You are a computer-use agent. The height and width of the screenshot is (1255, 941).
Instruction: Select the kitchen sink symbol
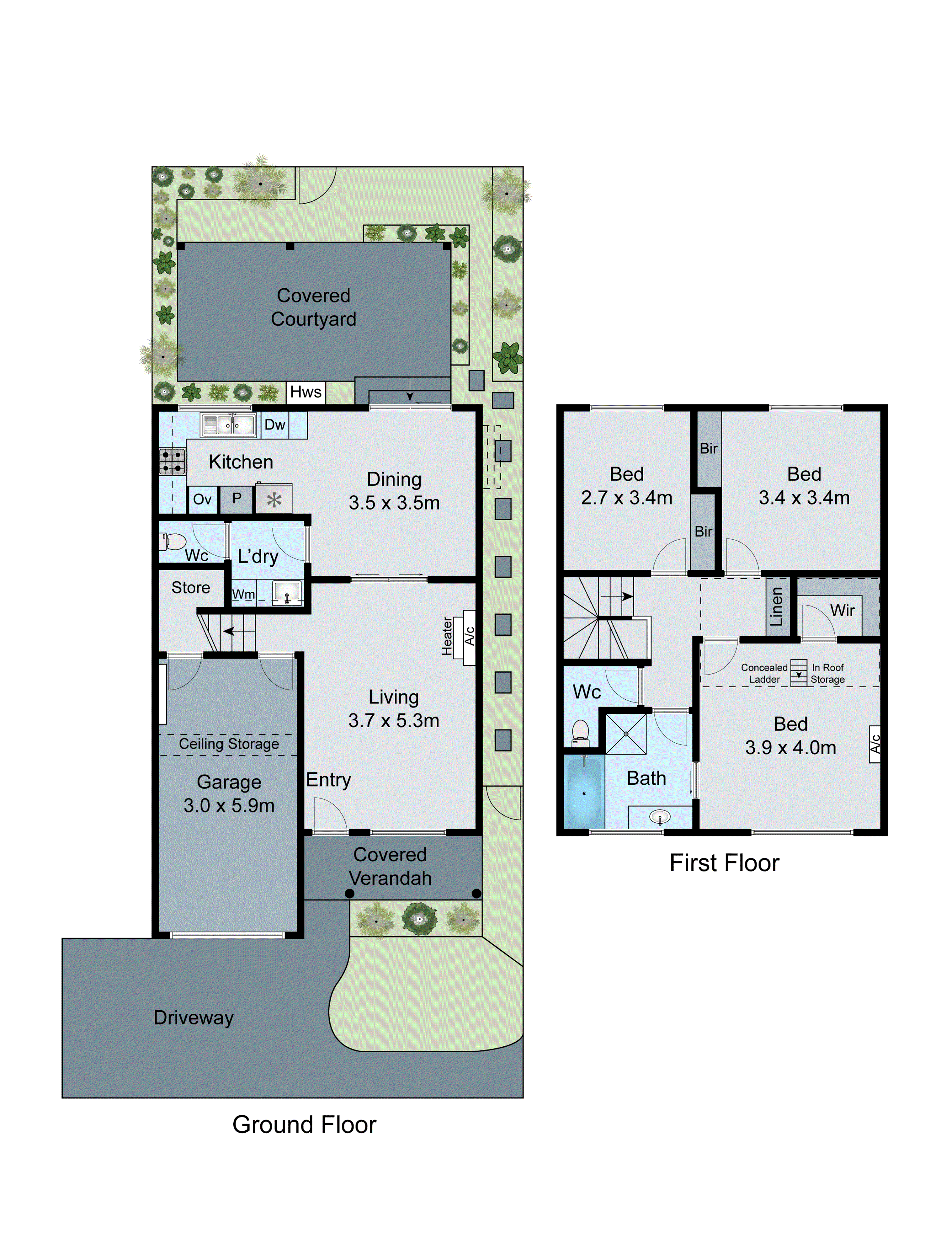229,425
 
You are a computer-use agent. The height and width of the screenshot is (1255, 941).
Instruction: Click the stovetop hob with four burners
172,461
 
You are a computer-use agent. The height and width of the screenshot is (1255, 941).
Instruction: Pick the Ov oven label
202,499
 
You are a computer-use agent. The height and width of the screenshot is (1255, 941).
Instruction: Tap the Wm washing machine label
243,594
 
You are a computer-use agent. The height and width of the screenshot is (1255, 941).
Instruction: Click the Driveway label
194,1017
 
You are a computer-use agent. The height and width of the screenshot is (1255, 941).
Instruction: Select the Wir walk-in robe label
842,611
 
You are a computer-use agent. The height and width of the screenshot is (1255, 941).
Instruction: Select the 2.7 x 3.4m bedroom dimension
626,498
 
